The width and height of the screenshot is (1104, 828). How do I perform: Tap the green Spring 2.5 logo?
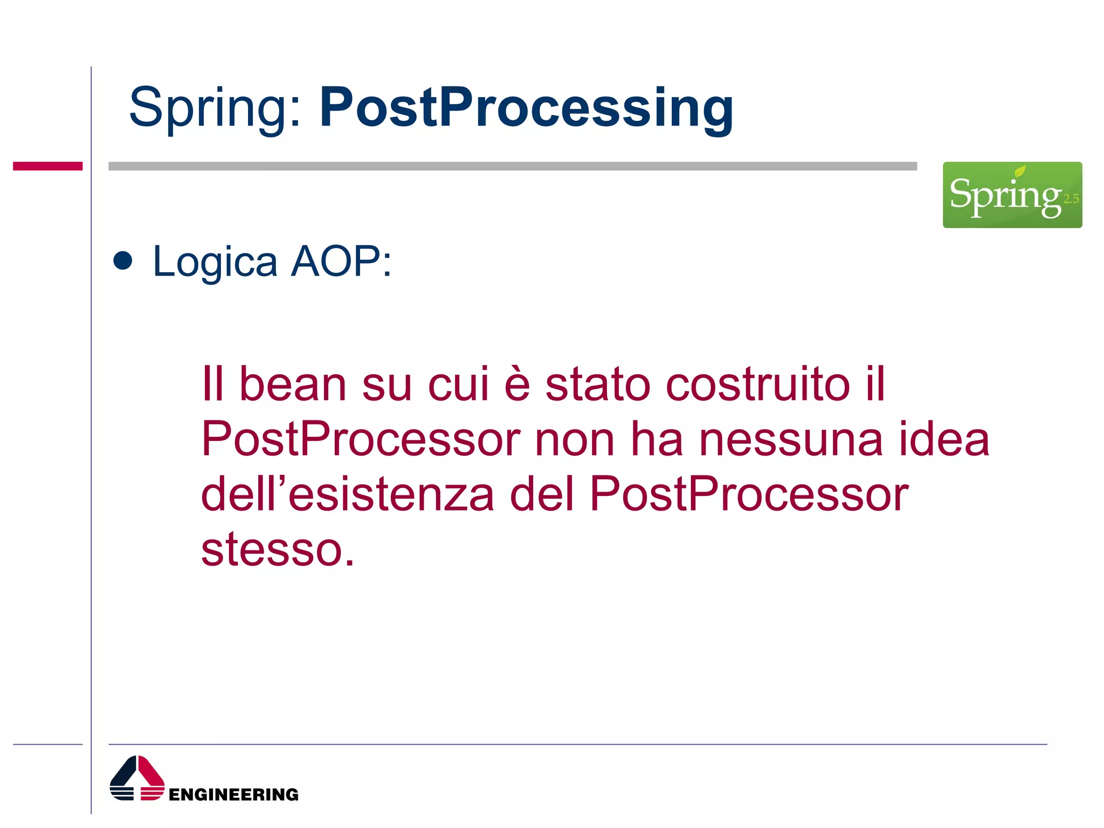coord(1012,195)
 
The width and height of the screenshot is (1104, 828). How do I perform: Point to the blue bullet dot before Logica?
coord(123,260)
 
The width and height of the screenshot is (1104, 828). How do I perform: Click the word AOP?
coord(341,261)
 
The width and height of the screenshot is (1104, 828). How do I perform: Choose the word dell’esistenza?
coord(347,494)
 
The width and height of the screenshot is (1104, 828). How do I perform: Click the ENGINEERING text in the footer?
coord(233,794)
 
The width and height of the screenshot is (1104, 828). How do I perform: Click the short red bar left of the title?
coord(47,166)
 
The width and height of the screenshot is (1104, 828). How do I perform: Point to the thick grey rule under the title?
coord(512,166)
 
